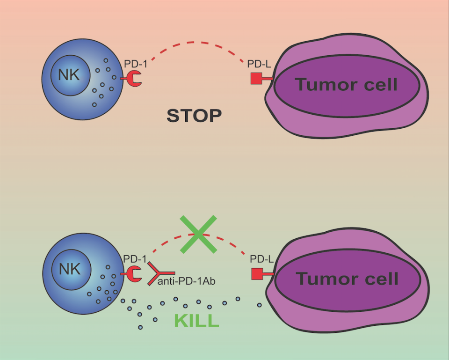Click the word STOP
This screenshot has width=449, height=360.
tap(194, 115)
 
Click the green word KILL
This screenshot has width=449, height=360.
tap(196, 321)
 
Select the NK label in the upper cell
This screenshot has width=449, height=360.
tap(69, 75)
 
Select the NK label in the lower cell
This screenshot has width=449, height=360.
tap(69, 269)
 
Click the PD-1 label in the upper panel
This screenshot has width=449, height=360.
tap(136, 63)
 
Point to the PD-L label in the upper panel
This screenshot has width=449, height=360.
tap(259, 64)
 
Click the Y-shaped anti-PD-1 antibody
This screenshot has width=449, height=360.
tap(157, 273)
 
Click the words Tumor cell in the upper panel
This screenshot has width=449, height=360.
tap(346, 85)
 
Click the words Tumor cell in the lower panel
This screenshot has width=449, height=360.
tap(347, 279)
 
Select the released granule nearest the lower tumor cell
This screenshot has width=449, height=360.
tap(260, 305)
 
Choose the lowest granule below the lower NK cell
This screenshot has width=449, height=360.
tap(140, 327)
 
